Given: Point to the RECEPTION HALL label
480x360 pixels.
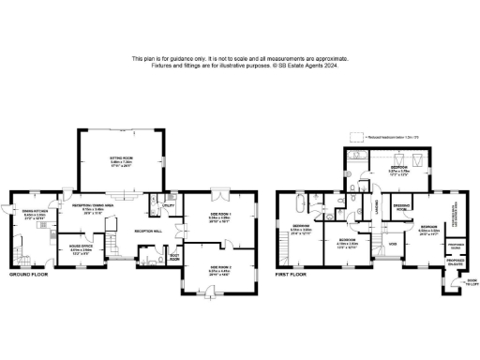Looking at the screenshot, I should tap(148, 230).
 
